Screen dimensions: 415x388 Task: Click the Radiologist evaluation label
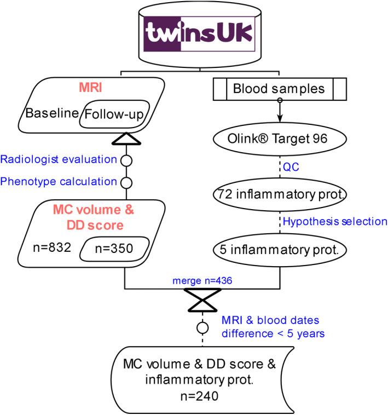click(59, 160)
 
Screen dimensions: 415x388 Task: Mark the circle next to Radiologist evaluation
click(126, 160)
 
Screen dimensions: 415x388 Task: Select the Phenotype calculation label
click(59, 181)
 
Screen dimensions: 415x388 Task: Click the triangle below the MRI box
click(126, 139)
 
